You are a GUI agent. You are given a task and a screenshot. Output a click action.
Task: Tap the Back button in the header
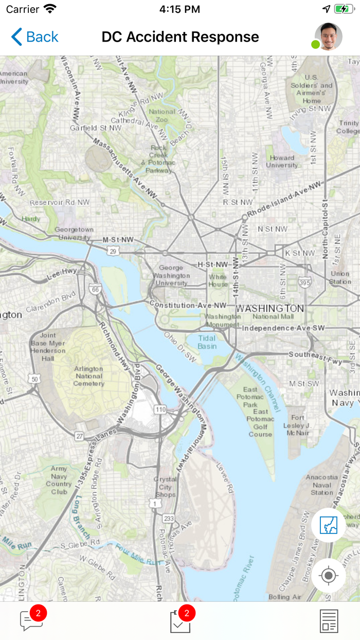(x=35, y=37)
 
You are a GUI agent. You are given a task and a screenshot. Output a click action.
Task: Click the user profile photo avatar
(x=328, y=37)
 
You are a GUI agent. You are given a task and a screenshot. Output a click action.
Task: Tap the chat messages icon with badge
(x=31, y=620)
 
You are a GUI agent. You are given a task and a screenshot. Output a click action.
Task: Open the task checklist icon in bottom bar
(x=180, y=621)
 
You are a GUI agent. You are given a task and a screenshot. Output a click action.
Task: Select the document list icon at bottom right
(x=329, y=621)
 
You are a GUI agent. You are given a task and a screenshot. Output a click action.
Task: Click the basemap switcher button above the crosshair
(x=329, y=525)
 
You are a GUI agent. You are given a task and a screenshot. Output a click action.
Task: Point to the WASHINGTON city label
(x=270, y=308)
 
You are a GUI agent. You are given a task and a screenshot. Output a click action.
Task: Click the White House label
(x=218, y=280)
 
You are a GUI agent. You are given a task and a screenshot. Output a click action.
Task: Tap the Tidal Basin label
(x=207, y=342)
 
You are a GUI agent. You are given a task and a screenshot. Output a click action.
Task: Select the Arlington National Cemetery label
(x=88, y=376)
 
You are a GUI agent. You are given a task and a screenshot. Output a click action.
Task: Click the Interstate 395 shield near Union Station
(x=305, y=282)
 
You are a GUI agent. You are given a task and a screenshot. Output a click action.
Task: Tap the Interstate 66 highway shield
(x=94, y=290)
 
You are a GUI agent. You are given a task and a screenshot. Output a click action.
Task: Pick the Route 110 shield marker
(x=160, y=410)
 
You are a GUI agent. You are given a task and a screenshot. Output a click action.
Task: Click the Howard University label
(x=282, y=162)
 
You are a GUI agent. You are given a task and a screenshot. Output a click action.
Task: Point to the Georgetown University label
(x=75, y=233)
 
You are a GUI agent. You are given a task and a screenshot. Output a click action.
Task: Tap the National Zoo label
(x=162, y=115)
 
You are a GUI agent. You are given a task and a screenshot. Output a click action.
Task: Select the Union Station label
(x=340, y=278)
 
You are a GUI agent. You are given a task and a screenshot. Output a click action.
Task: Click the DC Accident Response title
(x=180, y=37)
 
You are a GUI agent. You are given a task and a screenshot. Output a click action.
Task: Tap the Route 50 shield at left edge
(x=34, y=379)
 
